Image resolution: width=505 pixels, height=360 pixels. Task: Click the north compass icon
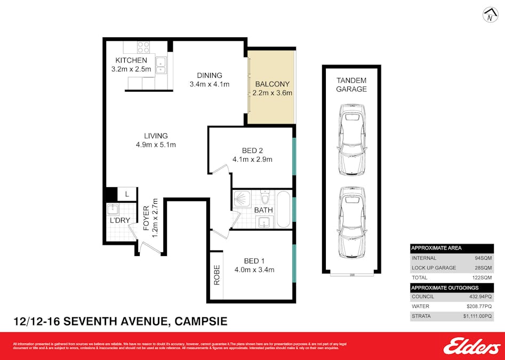490,15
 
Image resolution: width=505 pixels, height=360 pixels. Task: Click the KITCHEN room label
131,60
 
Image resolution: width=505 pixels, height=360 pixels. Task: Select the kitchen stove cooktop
143,46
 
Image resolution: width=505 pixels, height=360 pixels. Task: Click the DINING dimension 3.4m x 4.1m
209,84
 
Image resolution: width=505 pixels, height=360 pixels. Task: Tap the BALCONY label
272,84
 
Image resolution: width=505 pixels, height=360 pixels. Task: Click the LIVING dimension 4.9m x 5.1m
156,145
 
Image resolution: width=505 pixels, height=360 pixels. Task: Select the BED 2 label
252,150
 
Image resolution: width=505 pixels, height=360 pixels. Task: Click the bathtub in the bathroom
283,209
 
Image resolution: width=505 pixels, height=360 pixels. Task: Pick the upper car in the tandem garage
352,139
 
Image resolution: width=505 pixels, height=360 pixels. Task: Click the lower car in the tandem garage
352,221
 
